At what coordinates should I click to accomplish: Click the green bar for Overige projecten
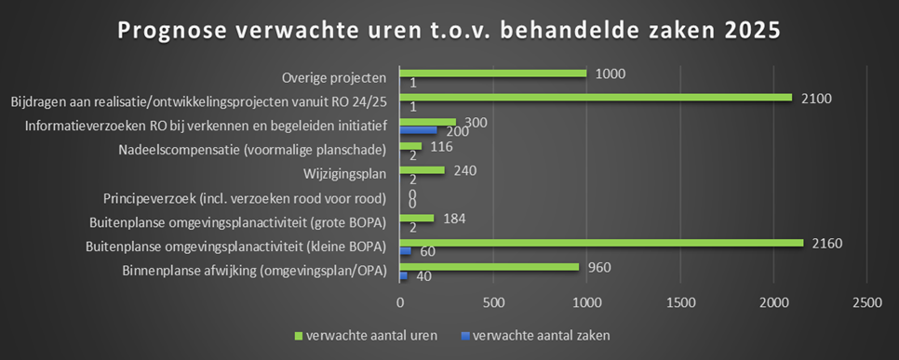(x=493, y=73)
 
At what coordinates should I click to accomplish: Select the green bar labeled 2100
(x=596, y=98)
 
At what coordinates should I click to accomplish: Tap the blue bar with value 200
(x=418, y=130)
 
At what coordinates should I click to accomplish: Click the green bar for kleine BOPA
(x=601, y=243)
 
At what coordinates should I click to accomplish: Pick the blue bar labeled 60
(x=405, y=251)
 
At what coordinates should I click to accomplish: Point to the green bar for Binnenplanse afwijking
(x=489, y=267)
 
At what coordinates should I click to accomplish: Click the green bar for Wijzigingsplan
(x=422, y=170)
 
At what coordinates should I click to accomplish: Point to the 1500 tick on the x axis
(x=680, y=302)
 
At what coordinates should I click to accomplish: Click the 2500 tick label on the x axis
(x=866, y=302)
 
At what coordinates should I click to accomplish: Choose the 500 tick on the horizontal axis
(x=493, y=302)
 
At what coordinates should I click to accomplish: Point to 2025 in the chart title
(x=751, y=30)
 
